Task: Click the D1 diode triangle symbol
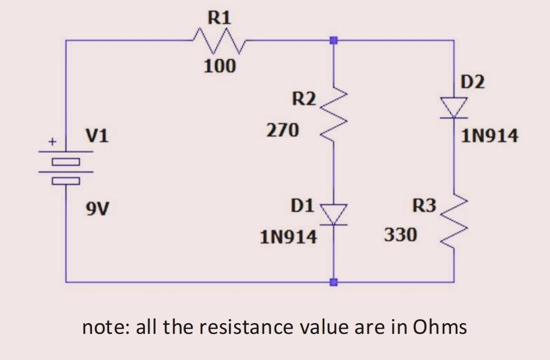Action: tap(334, 215)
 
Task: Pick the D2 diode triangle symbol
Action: tap(454, 108)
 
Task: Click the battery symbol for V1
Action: tap(66, 168)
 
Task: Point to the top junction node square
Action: tap(334, 40)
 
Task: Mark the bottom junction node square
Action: tap(334, 282)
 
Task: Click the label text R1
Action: tap(219, 17)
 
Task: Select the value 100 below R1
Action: tap(219, 66)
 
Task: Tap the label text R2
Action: tap(304, 99)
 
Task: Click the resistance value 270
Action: tap(282, 131)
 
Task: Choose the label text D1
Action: tap(302, 206)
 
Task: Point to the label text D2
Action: tap(473, 82)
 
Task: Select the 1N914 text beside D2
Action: tap(490, 136)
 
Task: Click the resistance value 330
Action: tap(401, 233)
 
